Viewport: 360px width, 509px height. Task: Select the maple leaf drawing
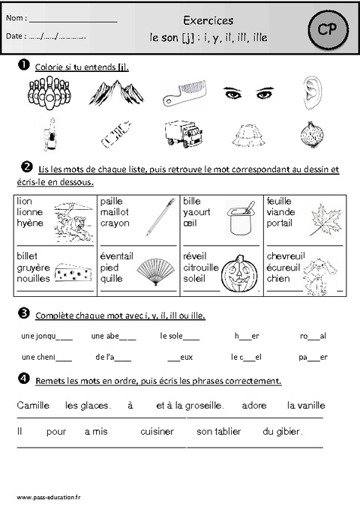[325, 220]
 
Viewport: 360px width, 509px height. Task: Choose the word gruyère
[33, 268]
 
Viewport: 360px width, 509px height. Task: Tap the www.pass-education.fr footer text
[49, 497]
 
